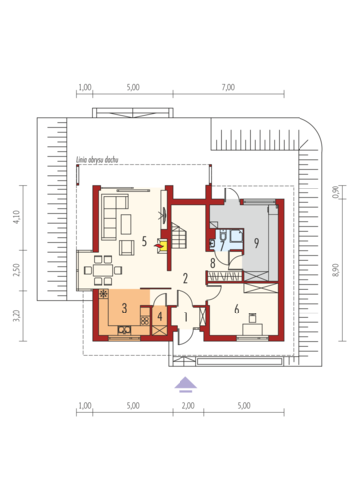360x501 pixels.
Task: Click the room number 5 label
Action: point(144,241)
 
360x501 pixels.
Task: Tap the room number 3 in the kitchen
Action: point(124,308)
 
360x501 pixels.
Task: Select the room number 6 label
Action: point(237,309)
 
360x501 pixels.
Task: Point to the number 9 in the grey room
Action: point(256,243)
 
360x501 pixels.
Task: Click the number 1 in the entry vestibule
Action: point(185,317)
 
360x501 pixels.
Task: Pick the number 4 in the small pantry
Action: point(160,316)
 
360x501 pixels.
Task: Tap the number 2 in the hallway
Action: point(185,278)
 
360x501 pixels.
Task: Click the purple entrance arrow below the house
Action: point(185,384)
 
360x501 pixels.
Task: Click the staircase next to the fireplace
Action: point(179,236)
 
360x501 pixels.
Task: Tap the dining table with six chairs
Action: point(103,270)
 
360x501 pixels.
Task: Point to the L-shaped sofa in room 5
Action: point(115,217)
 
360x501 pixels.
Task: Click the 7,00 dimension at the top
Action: point(228,87)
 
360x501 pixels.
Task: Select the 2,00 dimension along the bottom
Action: point(188,406)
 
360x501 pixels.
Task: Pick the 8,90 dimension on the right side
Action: point(336,270)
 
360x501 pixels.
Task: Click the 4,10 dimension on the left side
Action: point(17,217)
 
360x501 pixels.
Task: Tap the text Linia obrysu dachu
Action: point(97,160)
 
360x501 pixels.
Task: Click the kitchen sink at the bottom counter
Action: point(124,330)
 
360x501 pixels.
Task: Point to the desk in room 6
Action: point(253,329)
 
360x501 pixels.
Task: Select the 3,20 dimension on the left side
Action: point(17,315)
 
